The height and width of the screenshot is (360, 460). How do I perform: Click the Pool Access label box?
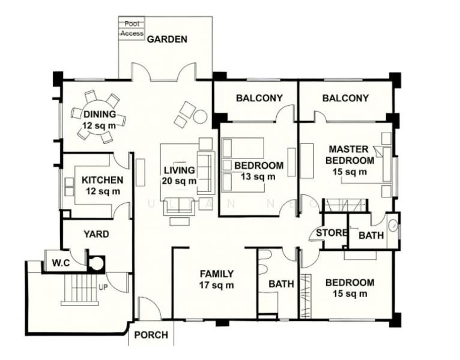pyautogui.click(x=132, y=28)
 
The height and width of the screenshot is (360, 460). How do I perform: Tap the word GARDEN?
pyautogui.click(x=168, y=40)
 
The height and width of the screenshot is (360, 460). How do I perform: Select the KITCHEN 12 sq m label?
pyautogui.click(x=103, y=185)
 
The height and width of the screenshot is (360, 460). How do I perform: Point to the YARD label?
pyautogui.click(x=96, y=234)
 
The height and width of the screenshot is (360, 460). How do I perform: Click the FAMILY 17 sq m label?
pyautogui.click(x=217, y=280)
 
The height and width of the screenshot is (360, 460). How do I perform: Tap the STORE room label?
pyautogui.click(x=331, y=233)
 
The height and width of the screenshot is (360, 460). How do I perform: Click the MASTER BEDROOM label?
pyautogui.click(x=351, y=160)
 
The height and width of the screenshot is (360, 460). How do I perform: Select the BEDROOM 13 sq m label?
pyautogui.click(x=258, y=171)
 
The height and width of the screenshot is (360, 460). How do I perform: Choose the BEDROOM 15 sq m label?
pyautogui.click(x=350, y=288)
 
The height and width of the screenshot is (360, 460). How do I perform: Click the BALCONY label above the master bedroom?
pyautogui.click(x=345, y=98)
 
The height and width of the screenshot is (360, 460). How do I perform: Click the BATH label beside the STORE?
pyautogui.click(x=371, y=236)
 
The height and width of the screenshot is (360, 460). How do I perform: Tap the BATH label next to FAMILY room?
pyautogui.click(x=281, y=284)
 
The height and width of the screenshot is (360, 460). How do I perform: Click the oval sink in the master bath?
pyautogui.click(x=393, y=227)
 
